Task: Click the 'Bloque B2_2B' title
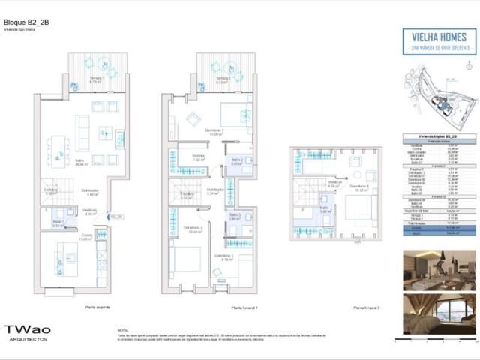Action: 24,23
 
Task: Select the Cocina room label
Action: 87,238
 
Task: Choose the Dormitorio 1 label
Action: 216,133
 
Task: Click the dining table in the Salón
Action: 58,144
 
